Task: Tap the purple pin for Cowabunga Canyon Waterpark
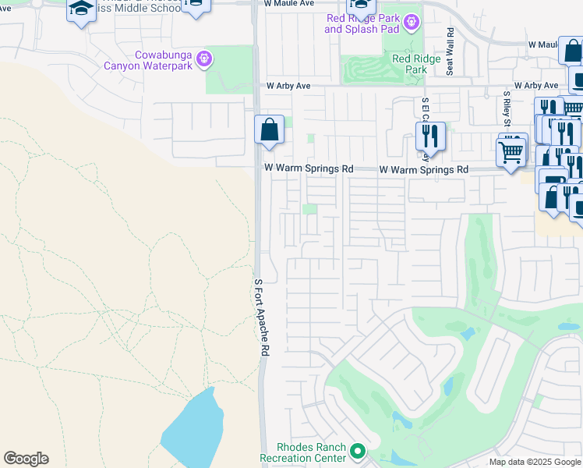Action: pyautogui.click(x=204, y=57)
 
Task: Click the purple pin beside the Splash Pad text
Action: pyautogui.click(x=412, y=23)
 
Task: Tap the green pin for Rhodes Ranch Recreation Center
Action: pyautogui.click(x=358, y=451)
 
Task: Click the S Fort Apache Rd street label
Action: pyautogui.click(x=261, y=318)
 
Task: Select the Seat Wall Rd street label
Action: pyautogui.click(x=450, y=52)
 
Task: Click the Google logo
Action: pyautogui.click(x=26, y=459)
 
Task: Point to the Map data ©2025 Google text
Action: pyautogui.click(x=535, y=462)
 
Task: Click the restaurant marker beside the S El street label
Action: pyautogui.click(x=430, y=136)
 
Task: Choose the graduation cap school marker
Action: pyautogui.click(x=81, y=10)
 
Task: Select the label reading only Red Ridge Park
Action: pyautogui.click(x=409, y=64)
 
